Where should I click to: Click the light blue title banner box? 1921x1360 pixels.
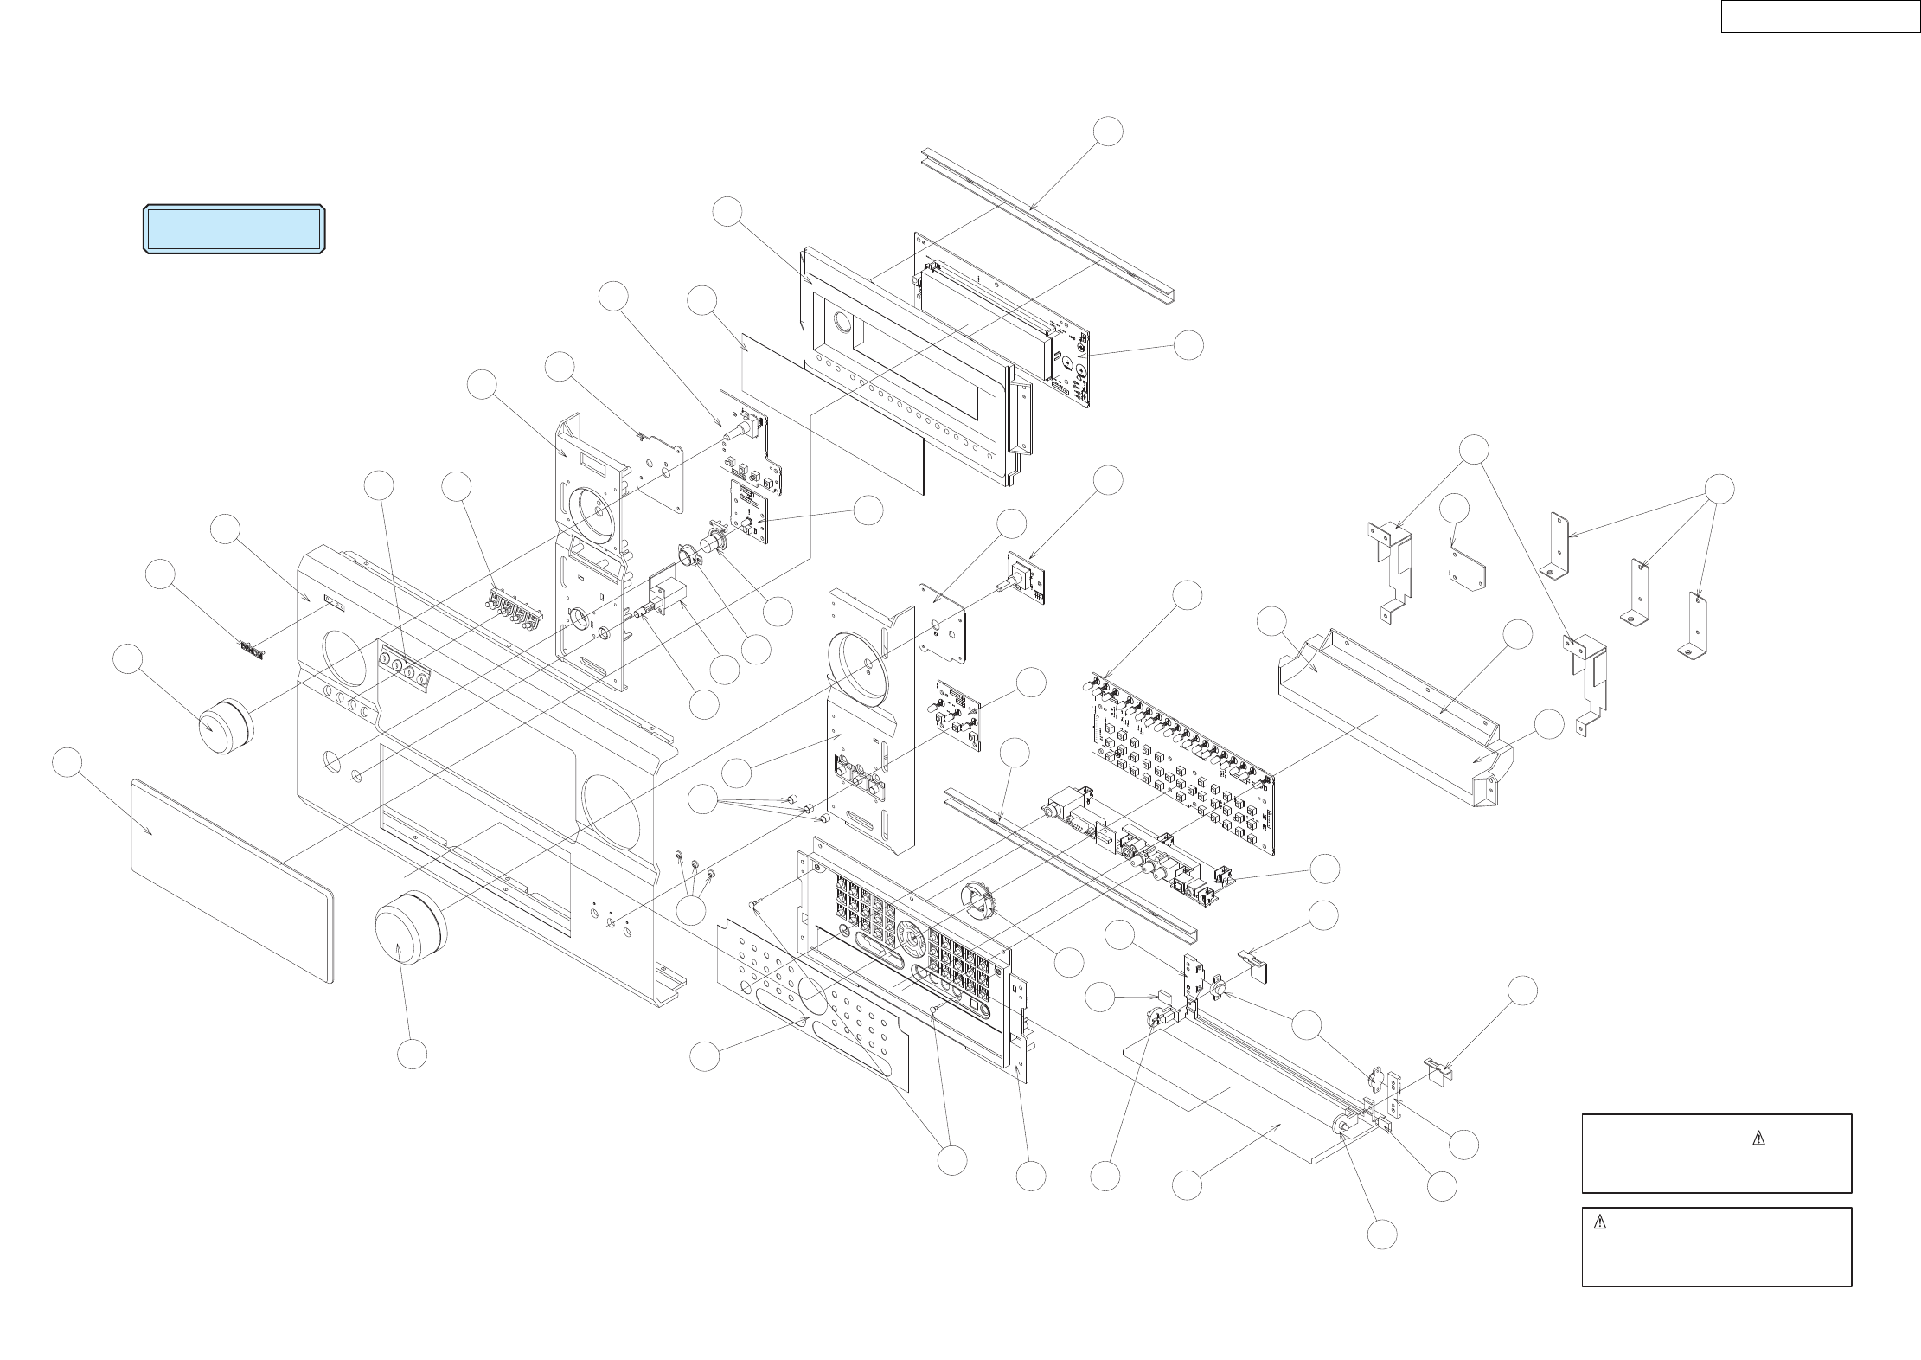tap(234, 229)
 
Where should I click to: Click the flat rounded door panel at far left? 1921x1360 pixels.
tap(232, 879)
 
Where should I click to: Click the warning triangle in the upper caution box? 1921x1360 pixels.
tap(1757, 1139)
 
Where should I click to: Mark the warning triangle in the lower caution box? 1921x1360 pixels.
tap(1599, 1222)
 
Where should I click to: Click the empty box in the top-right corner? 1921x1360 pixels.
tap(1820, 16)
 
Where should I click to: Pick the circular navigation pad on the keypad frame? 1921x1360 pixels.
tap(907, 934)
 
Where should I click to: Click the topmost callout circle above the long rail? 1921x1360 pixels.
tap(1107, 132)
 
